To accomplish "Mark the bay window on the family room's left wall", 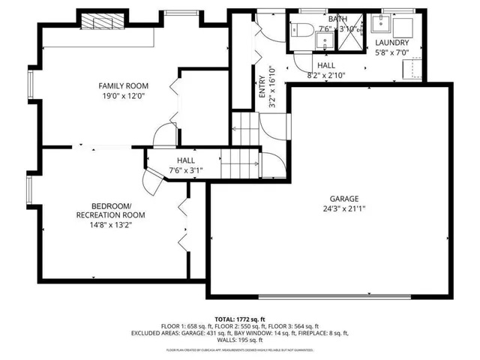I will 31,85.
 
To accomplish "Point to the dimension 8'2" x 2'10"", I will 325,75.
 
